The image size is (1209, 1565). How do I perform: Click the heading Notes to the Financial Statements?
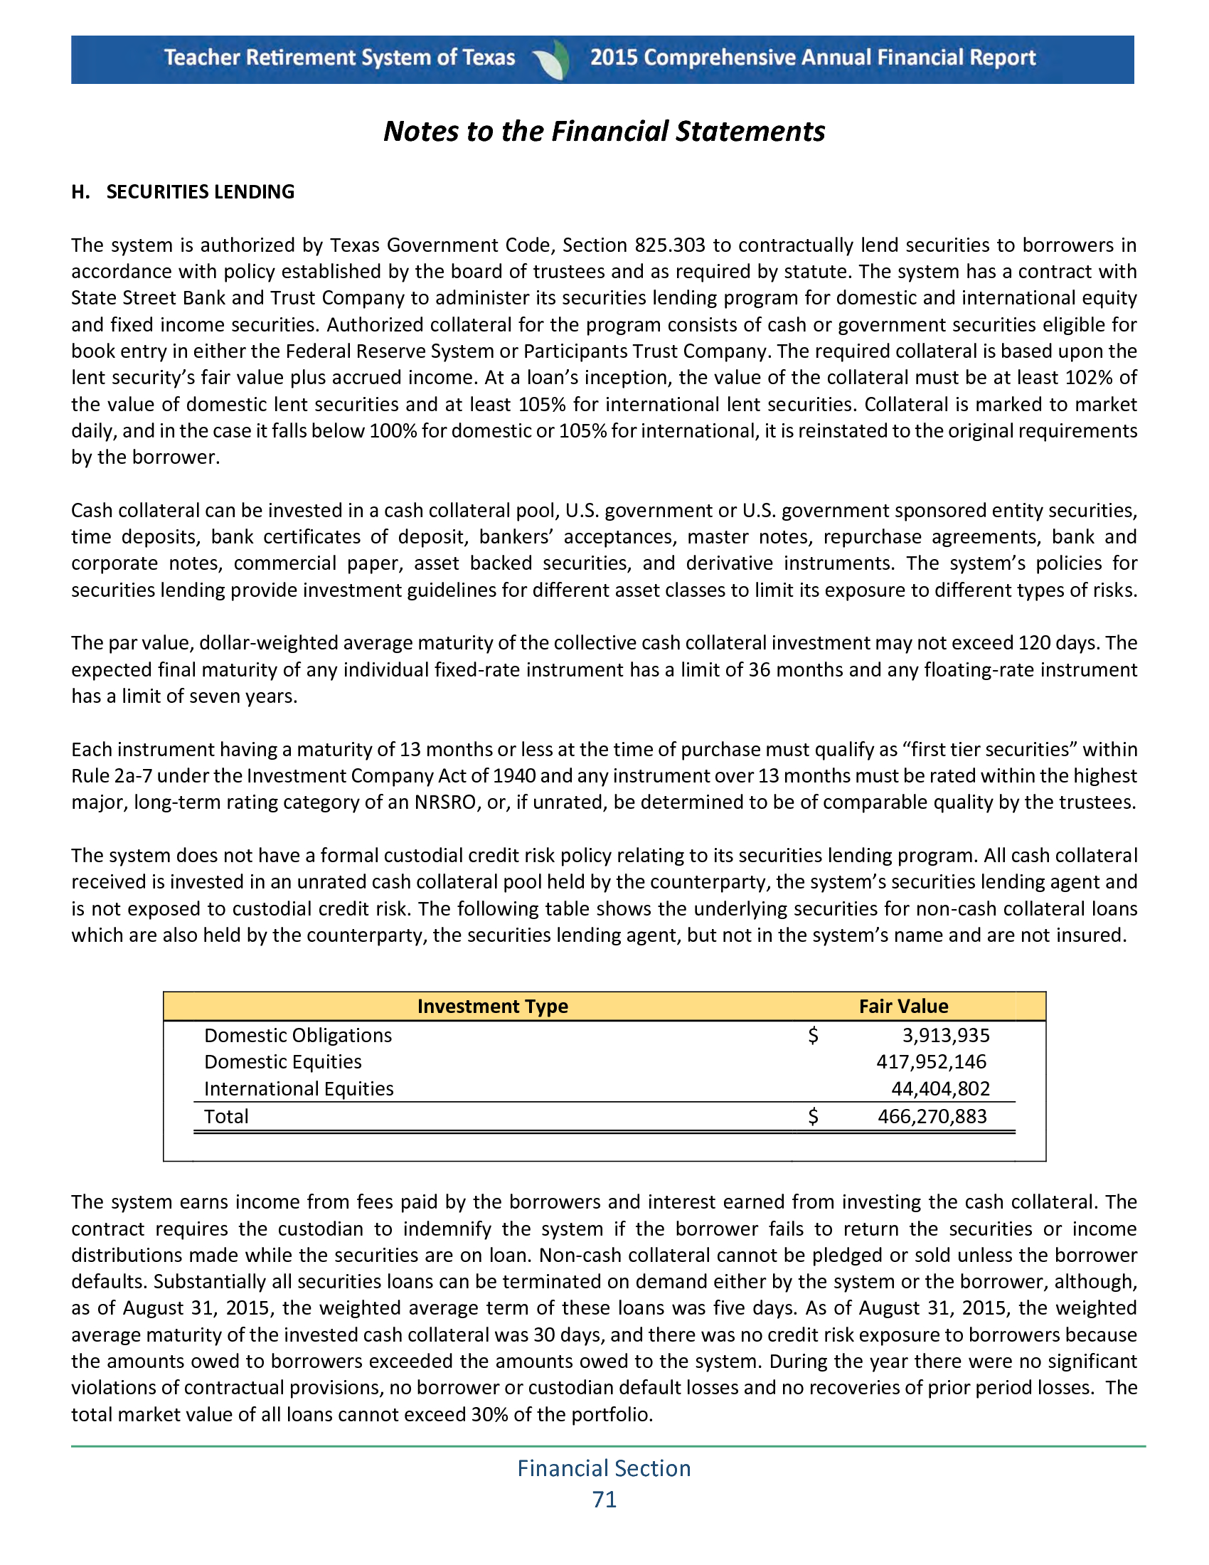(604, 132)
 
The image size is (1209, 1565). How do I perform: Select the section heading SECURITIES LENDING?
(200, 192)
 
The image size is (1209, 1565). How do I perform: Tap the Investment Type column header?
(492, 1006)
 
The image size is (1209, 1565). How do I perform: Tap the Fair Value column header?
(903, 1006)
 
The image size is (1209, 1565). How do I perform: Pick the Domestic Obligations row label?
(298, 1036)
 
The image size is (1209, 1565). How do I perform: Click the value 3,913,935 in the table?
(945, 1036)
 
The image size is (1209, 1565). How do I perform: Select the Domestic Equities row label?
(283, 1062)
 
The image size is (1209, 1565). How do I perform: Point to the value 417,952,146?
(931, 1062)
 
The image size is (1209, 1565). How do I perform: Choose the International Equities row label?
(299, 1089)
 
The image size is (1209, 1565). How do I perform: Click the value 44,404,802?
(939, 1089)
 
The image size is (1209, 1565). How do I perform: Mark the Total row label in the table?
(226, 1116)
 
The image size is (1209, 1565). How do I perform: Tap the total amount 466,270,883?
(932, 1116)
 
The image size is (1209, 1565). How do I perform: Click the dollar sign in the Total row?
(813, 1116)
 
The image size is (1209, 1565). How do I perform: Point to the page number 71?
(604, 1500)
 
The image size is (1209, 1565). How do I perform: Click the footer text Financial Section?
(604, 1468)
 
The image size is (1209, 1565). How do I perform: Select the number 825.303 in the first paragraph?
(670, 246)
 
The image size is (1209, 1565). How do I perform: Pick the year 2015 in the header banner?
(614, 58)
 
